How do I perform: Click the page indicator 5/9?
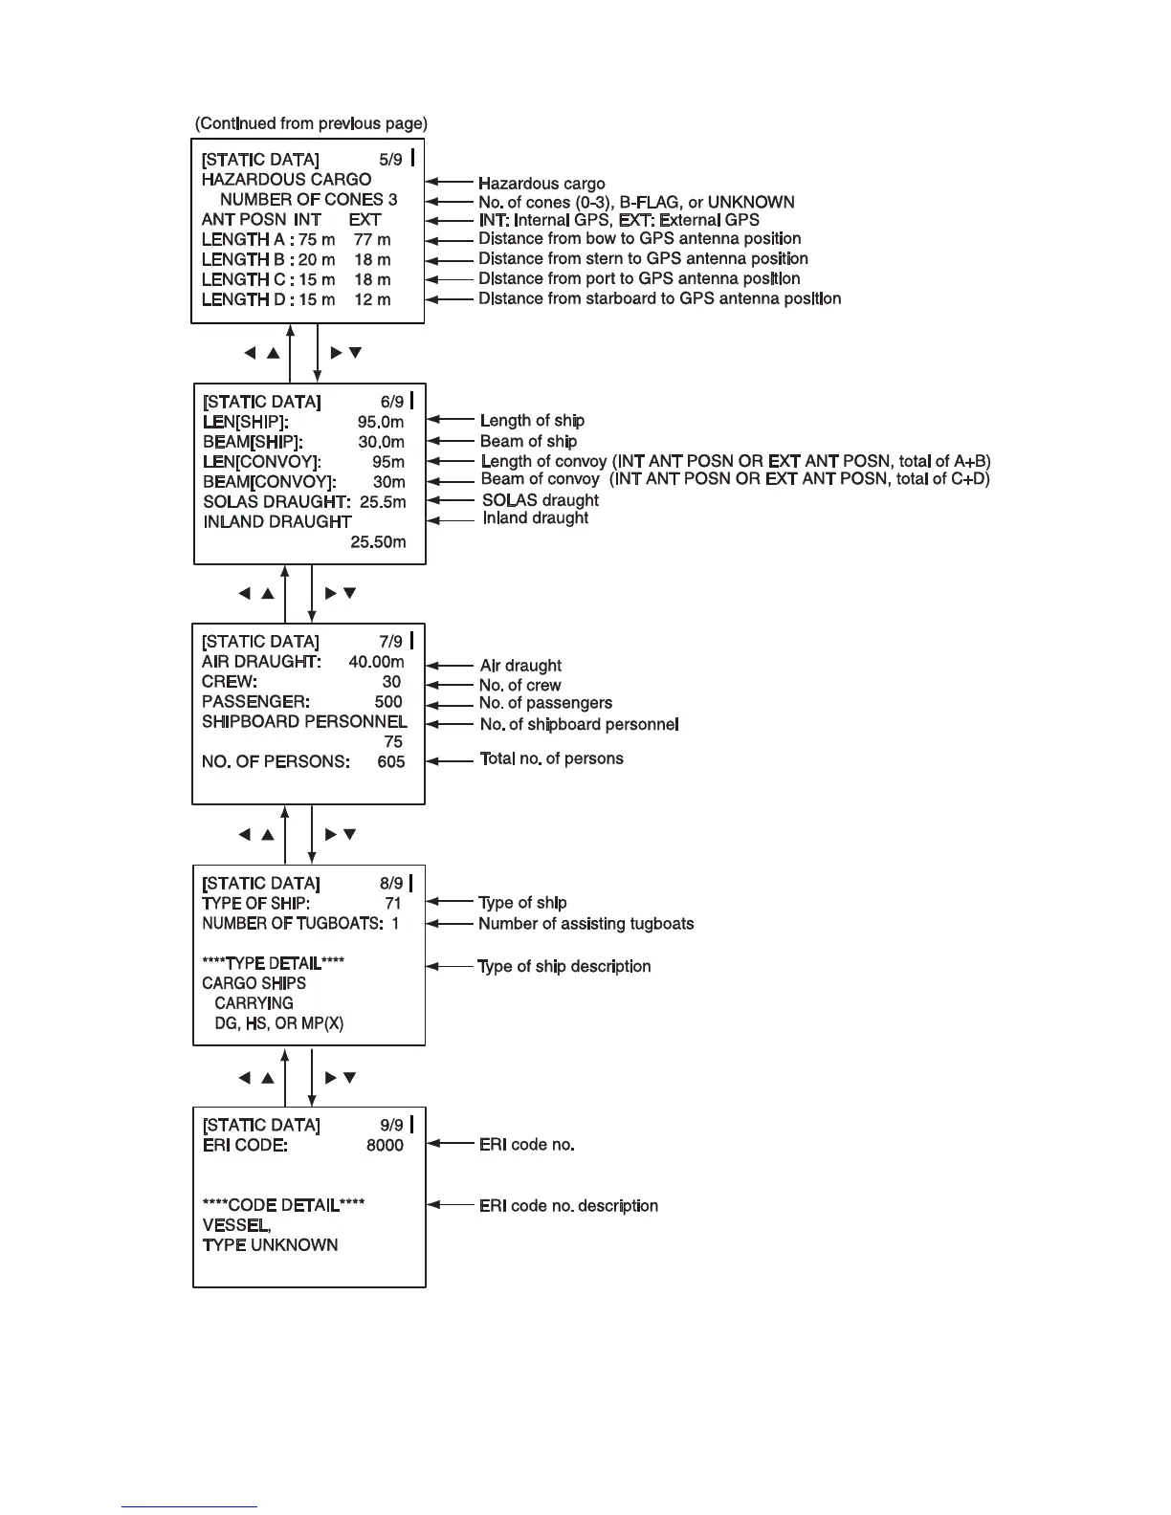(x=390, y=160)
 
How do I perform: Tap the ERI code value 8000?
(x=385, y=1145)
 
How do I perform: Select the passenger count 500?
(x=388, y=701)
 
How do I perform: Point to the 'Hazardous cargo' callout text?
(x=541, y=183)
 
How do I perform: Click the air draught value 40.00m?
(x=376, y=661)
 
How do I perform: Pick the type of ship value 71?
(x=393, y=903)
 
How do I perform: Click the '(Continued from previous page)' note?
(x=311, y=123)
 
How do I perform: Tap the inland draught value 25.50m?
(x=378, y=541)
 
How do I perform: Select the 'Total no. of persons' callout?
(x=551, y=758)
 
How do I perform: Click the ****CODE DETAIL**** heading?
(x=283, y=1205)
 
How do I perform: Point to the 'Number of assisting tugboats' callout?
(x=585, y=924)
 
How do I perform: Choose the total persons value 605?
(x=390, y=761)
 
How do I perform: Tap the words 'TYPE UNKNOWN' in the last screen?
(x=270, y=1244)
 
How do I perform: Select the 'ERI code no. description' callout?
(x=568, y=1205)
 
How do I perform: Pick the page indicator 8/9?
(x=391, y=883)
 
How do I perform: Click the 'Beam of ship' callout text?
(x=528, y=441)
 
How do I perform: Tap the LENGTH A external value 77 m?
(x=372, y=239)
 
